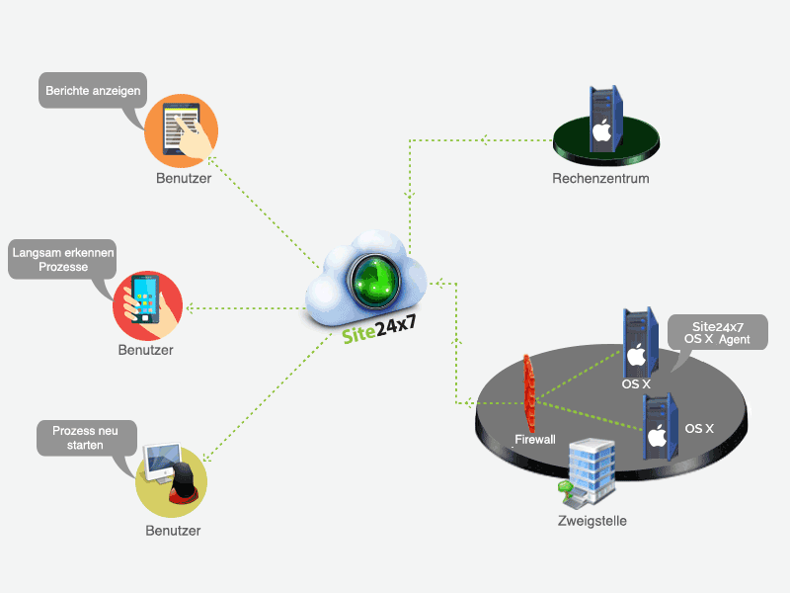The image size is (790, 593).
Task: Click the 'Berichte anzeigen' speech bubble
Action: click(94, 92)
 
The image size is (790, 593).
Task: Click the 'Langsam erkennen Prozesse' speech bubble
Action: click(62, 260)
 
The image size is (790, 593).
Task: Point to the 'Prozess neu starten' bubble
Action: click(86, 438)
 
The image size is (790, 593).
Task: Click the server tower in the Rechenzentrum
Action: click(602, 118)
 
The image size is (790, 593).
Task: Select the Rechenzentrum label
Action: click(600, 179)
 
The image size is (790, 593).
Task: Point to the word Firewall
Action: click(535, 438)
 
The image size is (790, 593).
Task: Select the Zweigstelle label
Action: click(592, 521)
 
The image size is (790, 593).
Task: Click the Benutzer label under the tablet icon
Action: click(183, 179)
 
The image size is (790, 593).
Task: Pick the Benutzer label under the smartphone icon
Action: click(146, 350)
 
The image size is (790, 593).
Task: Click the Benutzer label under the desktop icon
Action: click(173, 531)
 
